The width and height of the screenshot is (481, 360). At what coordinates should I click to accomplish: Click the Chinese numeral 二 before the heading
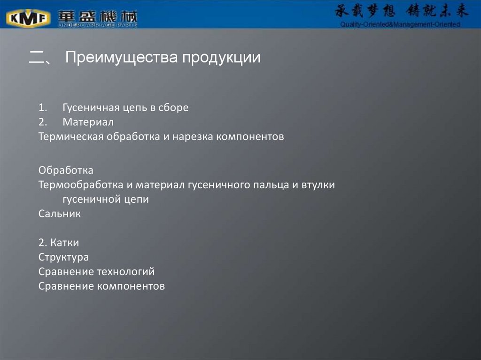pyautogui.click(x=36, y=58)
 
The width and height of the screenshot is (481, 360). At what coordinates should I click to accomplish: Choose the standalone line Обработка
pyautogui.click(x=66, y=170)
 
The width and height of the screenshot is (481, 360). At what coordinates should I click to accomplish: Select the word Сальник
pyautogui.click(x=60, y=214)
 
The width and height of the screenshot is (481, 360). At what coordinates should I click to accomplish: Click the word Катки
pyautogui.click(x=65, y=243)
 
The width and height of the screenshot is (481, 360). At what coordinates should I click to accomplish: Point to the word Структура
pyautogui.click(x=63, y=257)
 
